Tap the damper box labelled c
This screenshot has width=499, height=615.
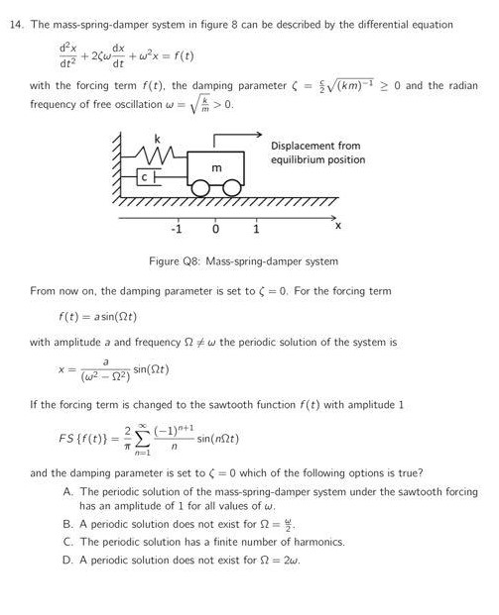coord(145,176)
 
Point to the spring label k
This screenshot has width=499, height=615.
coord(156,136)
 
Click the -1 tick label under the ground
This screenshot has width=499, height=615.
coord(176,229)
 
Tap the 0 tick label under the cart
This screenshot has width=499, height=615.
coord(214,229)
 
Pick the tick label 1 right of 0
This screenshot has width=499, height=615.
coord(255,229)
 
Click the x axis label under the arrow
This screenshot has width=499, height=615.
coord(337,227)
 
